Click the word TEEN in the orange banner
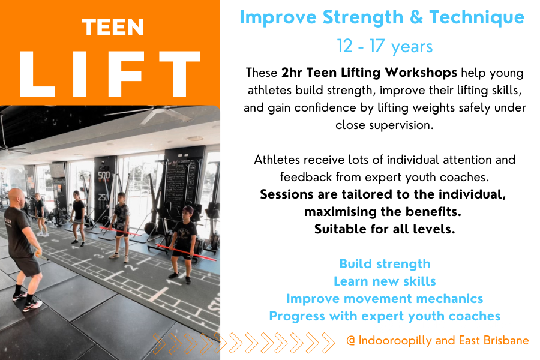tap(113, 27)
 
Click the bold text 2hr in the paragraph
tap(292, 73)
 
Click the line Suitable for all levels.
tap(385, 229)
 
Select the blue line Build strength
tap(385, 264)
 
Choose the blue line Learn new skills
tap(385, 281)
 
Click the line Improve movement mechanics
tap(385, 299)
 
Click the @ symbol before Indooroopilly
tap(351, 341)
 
